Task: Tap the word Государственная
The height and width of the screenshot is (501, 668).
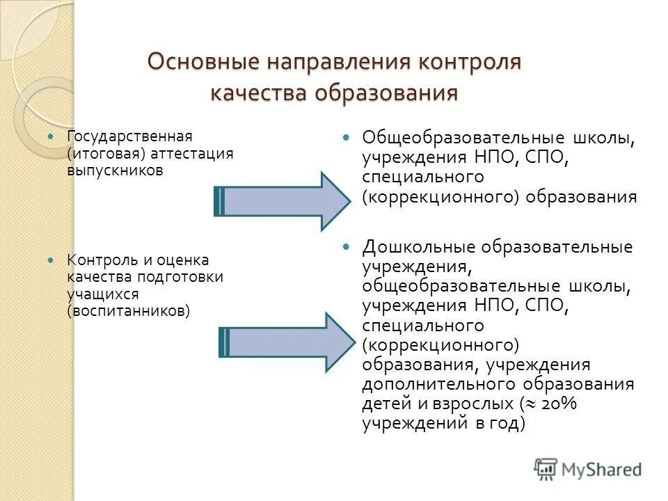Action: [129, 135]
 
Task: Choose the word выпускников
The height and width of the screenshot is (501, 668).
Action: [115, 170]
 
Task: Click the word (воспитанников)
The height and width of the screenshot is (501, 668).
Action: [128, 311]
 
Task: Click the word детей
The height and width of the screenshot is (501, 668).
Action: [383, 403]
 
